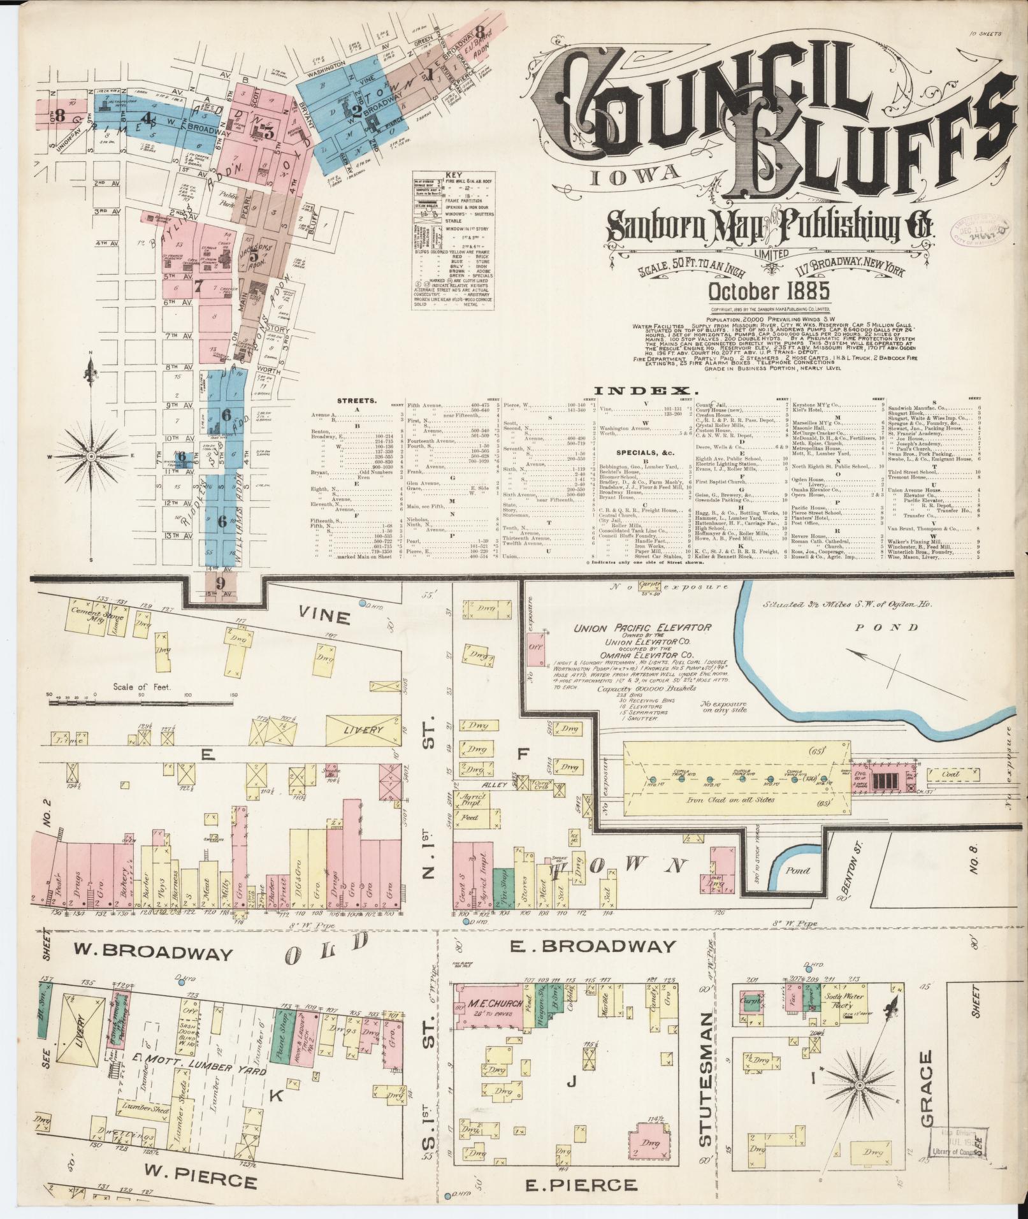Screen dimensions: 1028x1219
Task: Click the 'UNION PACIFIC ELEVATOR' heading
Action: coord(642,627)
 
